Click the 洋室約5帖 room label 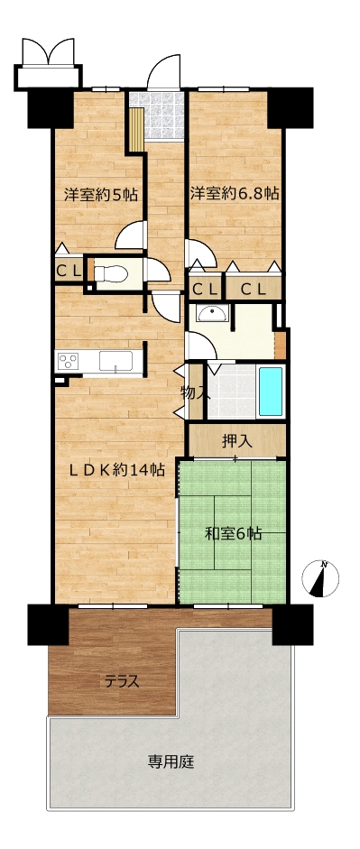(100, 195)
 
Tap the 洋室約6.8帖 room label (235, 193)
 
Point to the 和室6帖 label (233, 534)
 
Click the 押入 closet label (237, 441)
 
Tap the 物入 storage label (195, 393)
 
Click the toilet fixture (110, 272)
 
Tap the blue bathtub (270, 392)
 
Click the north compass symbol (320, 579)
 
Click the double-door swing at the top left (48, 51)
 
